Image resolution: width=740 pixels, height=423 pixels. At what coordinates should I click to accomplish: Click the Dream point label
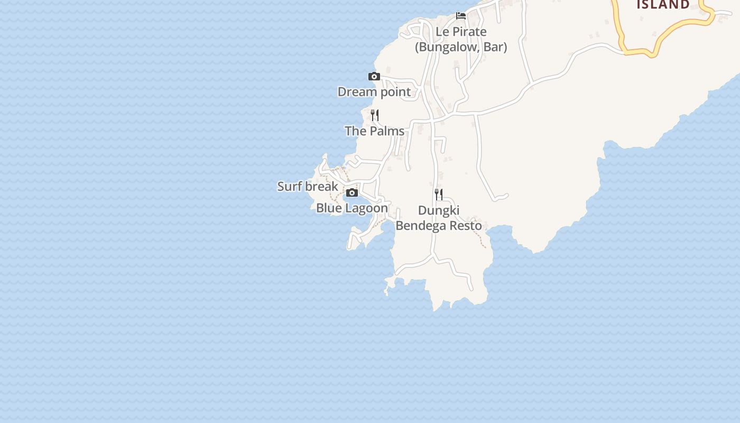coord(374,92)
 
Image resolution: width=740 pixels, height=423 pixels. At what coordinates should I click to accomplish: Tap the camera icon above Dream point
coord(374,77)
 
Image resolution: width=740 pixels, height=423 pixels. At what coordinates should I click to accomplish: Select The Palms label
coord(374,131)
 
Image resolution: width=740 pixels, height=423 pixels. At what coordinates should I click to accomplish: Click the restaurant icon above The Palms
coord(375,115)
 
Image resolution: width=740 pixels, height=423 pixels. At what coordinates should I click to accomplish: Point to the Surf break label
coord(308,187)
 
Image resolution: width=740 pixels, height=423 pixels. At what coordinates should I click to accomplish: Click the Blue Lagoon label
coord(352,208)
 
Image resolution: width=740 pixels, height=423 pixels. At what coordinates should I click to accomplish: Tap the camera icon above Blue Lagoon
coord(352,193)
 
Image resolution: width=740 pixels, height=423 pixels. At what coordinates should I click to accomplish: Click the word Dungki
coord(439,210)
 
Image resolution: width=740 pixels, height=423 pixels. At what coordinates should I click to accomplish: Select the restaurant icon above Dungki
coord(439,194)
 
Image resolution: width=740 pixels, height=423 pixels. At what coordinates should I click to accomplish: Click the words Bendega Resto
coord(439,226)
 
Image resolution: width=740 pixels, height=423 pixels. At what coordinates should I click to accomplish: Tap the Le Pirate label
coord(461,32)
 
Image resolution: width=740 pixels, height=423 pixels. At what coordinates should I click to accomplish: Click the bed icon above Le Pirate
coord(461,15)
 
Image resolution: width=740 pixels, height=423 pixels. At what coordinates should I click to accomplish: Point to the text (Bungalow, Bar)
coord(461,47)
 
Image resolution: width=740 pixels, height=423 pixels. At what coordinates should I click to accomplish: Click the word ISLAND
coord(663,5)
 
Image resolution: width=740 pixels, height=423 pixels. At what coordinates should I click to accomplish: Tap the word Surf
coord(290,187)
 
